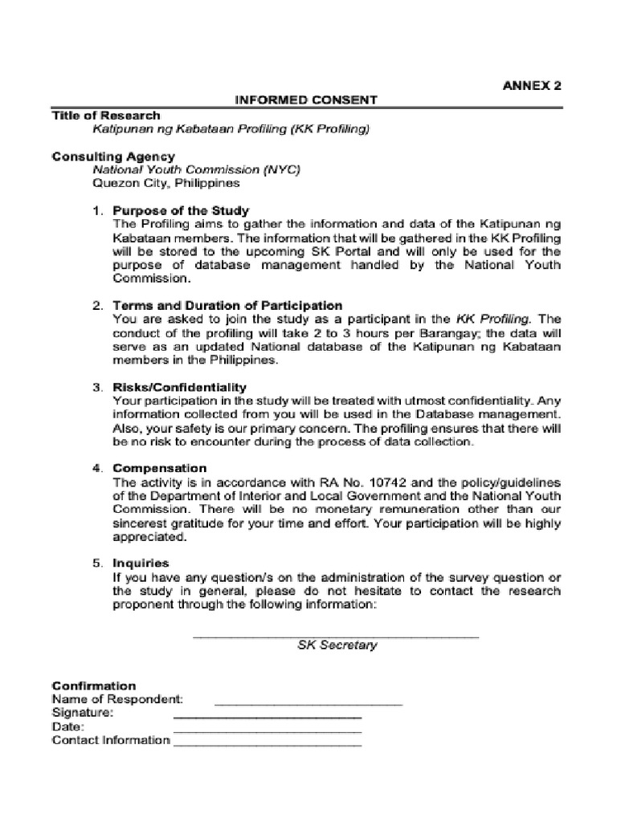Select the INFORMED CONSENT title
[x=305, y=100]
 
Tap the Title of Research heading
[x=106, y=116]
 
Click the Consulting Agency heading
[x=113, y=157]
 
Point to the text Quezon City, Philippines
[x=166, y=183]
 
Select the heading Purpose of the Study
[x=181, y=211]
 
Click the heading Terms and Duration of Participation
[x=227, y=306]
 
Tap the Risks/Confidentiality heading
[x=179, y=387]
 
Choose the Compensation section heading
[x=159, y=468]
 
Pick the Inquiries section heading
[x=141, y=564]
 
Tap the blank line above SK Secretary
[x=337, y=636]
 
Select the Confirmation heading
[x=94, y=686]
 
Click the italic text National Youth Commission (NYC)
[x=196, y=170]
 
